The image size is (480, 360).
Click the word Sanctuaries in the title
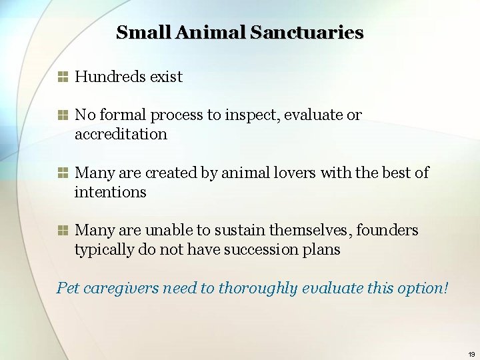coord(307,32)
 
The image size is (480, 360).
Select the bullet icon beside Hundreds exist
coord(63,77)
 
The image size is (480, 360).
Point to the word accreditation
coord(121,134)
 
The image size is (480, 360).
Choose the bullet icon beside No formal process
coord(63,115)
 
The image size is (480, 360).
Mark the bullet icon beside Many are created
coord(63,173)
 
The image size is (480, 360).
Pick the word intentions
coord(110,192)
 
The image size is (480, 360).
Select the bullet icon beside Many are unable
coord(63,231)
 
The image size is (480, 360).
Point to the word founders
coord(387,230)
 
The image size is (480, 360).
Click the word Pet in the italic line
coord(68,288)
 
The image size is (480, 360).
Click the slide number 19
coord(471,354)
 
